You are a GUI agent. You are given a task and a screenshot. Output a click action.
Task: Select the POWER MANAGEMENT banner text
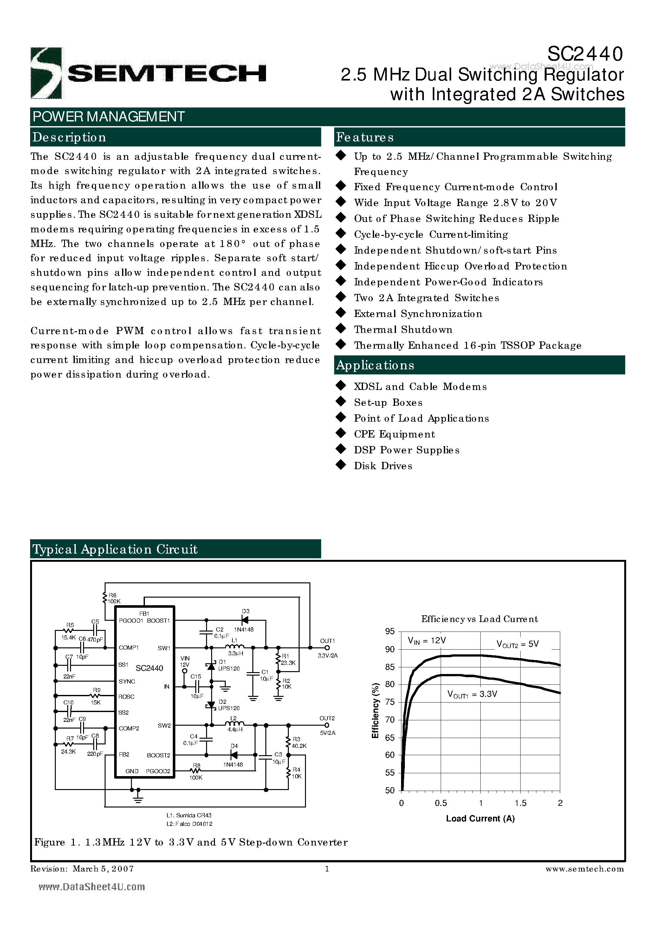pyautogui.click(x=108, y=117)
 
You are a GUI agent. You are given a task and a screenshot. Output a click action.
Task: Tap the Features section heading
pyautogui.click(x=365, y=137)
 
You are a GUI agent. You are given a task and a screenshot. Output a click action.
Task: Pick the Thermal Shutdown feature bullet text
pyautogui.click(x=403, y=329)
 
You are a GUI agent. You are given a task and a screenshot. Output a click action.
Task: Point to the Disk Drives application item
pyautogui.click(x=383, y=466)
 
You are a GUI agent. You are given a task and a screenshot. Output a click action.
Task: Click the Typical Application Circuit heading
pyautogui.click(x=115, y=549)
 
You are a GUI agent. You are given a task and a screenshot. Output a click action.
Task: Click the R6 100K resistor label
pyautogui.click(x=113, y=598)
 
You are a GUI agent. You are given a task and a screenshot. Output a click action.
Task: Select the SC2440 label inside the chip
pyautogui.click(x=149, y=668)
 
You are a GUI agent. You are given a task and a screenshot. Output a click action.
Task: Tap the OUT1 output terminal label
pyautogui.click(x=327, y=641)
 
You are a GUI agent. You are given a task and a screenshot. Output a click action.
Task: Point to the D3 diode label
pyautogui.click(x=245, y=611)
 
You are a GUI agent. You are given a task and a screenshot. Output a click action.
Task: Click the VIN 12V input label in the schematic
pyautogui.click(x=185, y=661)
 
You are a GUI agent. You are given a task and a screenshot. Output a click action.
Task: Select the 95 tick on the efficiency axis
pyautogui.click(x=390, y=632)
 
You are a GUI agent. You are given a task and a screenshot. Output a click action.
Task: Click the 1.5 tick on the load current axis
pyautogui.click(x=521, y=803)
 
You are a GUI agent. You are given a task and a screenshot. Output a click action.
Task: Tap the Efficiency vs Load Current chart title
pyautogui.click(x=479, y=619)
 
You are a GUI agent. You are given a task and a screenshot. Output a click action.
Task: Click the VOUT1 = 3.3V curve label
pyautogui.click(x=472, y=694)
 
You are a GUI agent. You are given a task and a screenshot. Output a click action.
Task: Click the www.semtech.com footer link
pyautogui.click(x=584, y=869)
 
